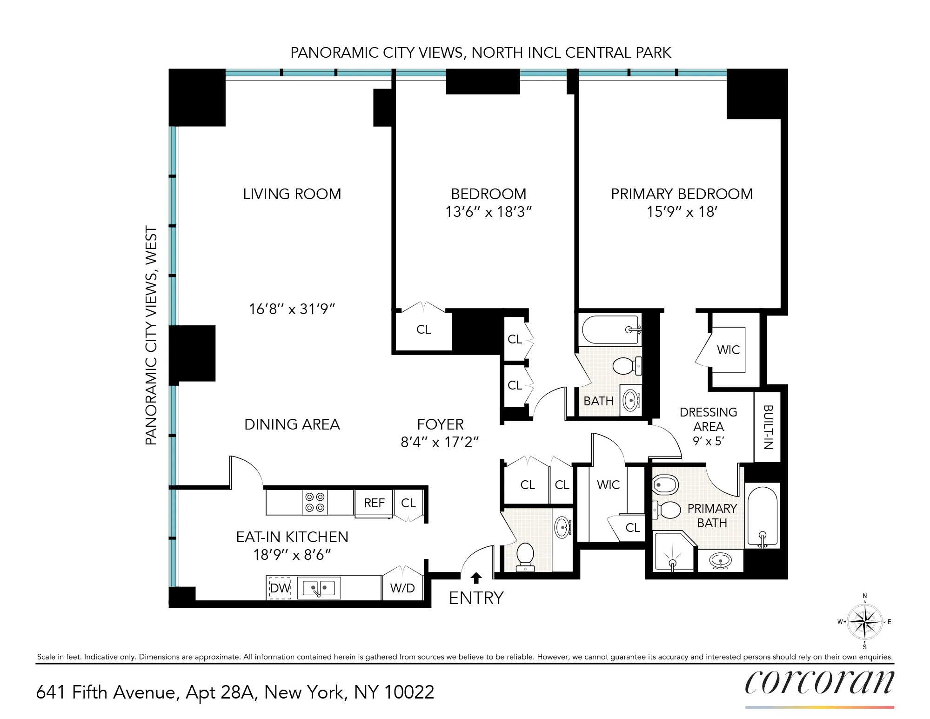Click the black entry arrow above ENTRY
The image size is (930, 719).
[x=476, y=578]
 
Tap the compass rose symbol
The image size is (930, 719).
[x=864, y=622]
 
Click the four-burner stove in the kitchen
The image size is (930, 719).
[x=314, y=503]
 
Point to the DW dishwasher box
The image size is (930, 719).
[x=280, y=588]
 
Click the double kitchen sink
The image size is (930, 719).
[x=319, y=588]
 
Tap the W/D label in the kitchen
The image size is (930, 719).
[x=402, y=588]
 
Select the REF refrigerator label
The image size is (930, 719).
[x=374, y=503]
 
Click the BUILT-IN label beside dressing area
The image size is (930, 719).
[x=768, y=427]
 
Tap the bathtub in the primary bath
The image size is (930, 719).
[x=762, y=517]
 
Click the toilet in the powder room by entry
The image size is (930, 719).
[x=525, y=555]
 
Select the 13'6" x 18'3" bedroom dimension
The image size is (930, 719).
[x=488, y=212]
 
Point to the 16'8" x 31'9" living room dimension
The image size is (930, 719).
[x=292, y=309]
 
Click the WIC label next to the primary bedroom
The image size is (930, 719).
[x=728, y=350]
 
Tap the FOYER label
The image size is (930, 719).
[x=440, y=424]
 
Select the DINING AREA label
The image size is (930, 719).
[x=292, y=424]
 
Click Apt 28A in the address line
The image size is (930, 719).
[x=221, y=692]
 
